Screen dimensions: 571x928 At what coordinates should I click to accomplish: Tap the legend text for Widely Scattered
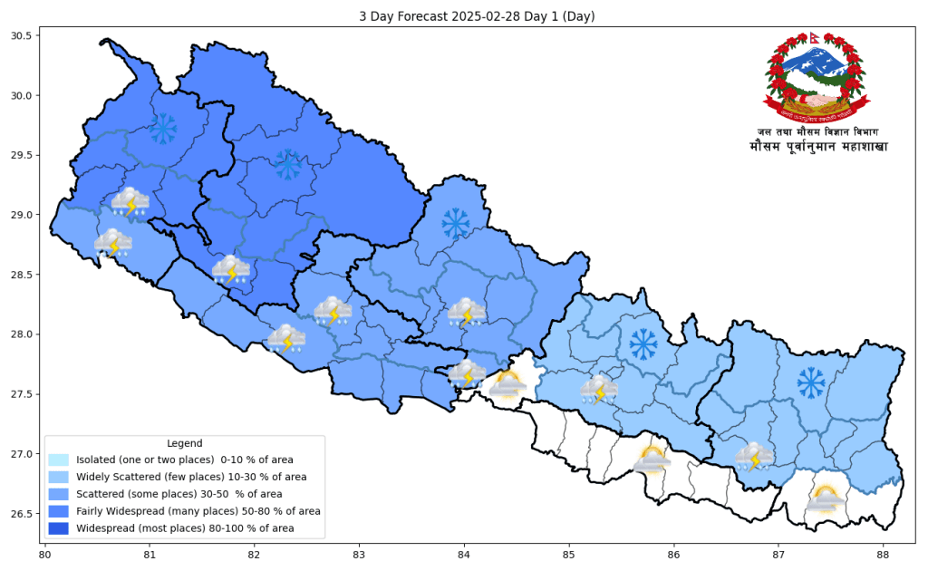tap(191, 477)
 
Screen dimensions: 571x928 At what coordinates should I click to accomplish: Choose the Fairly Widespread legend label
tap(198, 511)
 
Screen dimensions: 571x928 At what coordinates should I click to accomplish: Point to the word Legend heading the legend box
tap(185, 443)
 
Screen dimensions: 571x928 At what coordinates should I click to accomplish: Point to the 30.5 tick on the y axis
tap(21, 36)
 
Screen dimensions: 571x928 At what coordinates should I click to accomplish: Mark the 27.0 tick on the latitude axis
tap(21, 454)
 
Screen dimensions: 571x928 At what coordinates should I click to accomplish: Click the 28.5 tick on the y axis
tap(21, 275)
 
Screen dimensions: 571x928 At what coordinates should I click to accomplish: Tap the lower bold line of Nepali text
tap(817, 147)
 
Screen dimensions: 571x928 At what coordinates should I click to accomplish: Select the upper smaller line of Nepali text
tap(817, 132)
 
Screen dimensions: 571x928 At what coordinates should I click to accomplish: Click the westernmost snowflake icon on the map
tap(163, 129)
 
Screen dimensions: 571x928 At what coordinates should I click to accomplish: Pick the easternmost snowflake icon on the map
tap(811, 382)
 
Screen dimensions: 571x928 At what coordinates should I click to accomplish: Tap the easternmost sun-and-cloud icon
tap(825, 498)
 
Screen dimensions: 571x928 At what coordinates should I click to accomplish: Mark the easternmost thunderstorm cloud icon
tap(754, 457)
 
